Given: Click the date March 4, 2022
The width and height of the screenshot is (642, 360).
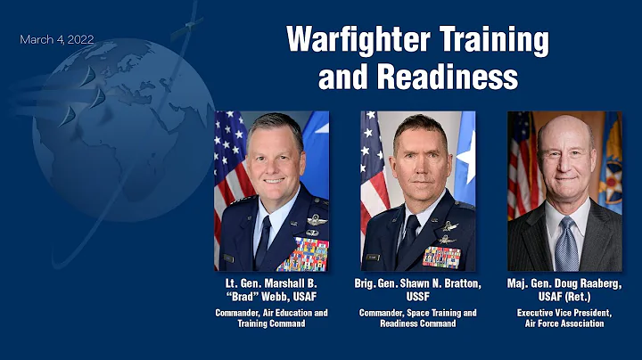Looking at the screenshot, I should click(57, 40).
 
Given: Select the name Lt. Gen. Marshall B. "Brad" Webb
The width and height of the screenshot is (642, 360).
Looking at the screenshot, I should click(271, 290).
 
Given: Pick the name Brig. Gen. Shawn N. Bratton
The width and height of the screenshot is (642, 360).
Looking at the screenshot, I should click(418, 283).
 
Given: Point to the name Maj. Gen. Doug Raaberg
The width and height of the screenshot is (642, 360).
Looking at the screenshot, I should click(564, 283).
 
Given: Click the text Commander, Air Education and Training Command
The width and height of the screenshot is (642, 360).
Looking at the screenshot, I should click(271, 318).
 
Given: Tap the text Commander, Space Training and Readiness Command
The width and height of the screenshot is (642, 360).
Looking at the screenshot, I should click(418, 318).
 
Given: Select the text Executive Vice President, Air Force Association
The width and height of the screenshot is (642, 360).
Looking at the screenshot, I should click(564, 318).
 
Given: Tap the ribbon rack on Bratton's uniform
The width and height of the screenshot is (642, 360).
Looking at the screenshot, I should click(441, 257).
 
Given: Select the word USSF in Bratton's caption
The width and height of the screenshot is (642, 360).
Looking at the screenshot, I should click(418, 296).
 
